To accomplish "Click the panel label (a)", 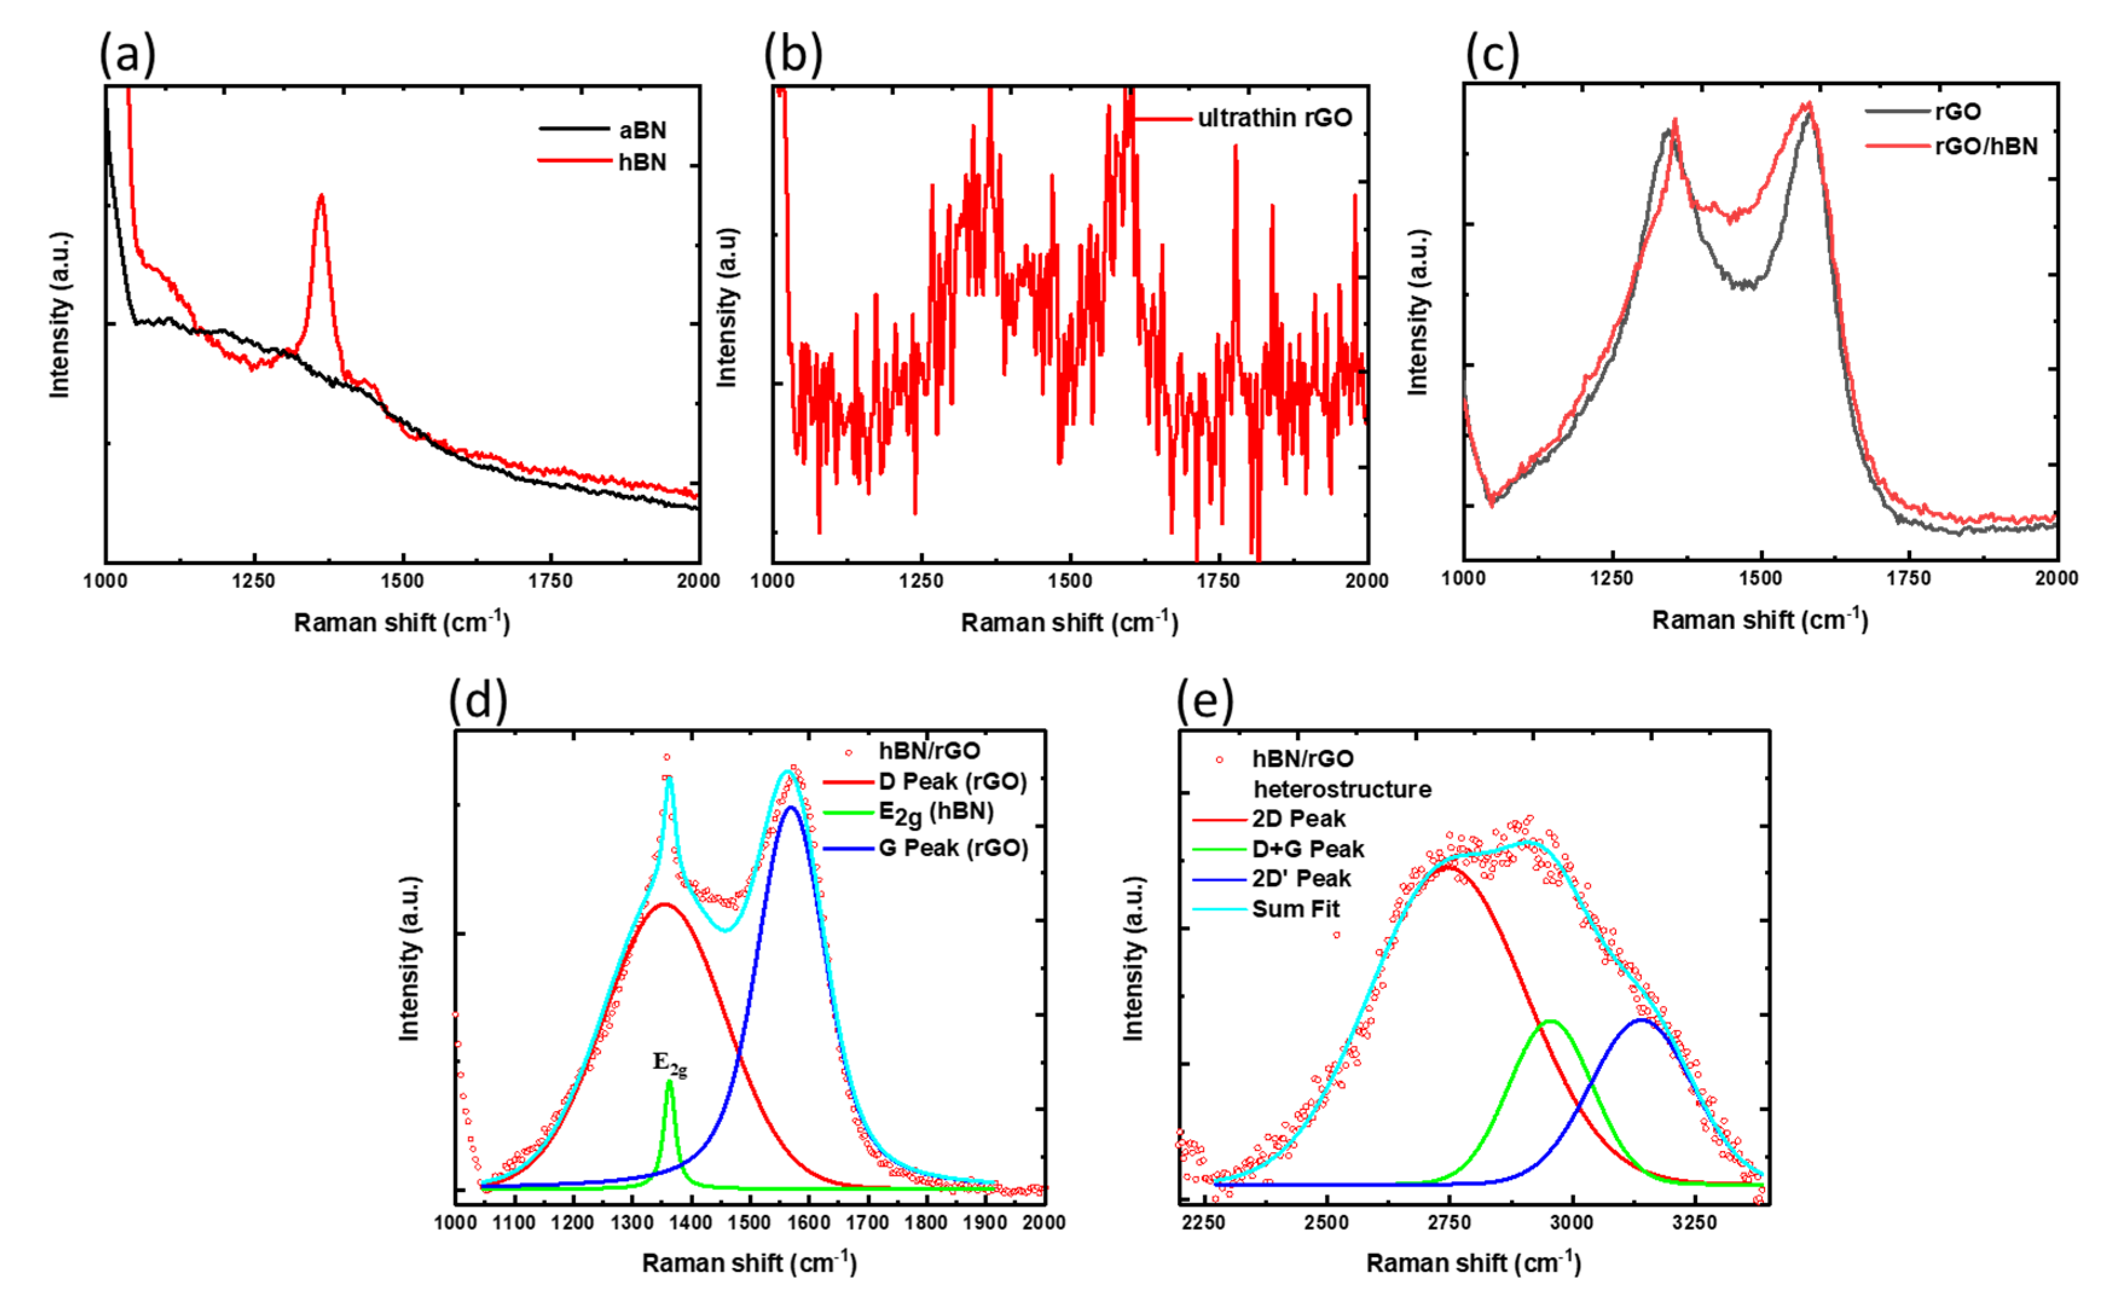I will tap(127, 54).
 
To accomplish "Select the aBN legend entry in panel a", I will tap(642, 130).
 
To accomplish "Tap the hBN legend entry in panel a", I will tap(641, 163).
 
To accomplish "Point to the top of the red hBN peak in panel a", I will tap(321, 197).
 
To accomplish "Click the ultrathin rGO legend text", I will tap(1274, 118).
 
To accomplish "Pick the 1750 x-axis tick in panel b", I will tap(1218, 581).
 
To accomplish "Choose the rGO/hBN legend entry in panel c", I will tap(1986, 146).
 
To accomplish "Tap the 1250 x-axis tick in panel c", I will tap(1612, 578).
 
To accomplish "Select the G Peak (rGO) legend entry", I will tap(953, 848).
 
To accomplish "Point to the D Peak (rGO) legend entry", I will tap(952, 782).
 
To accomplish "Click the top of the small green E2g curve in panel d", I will tap(669, 1082).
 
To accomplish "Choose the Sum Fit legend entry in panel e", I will tap(1295, 909).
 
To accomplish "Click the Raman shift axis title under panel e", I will tap(1473, 1263).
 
